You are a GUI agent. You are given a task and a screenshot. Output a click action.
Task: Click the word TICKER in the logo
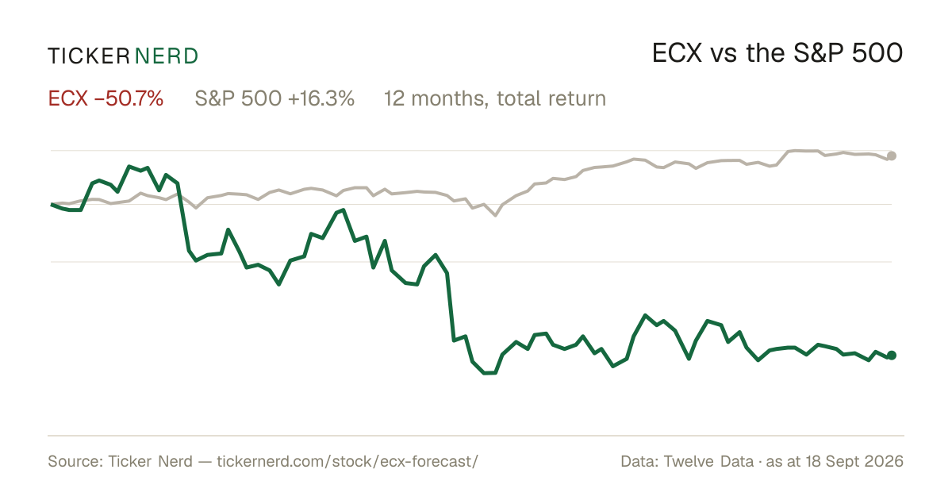(88, 56)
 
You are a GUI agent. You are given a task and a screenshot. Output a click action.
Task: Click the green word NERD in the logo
(166, 56)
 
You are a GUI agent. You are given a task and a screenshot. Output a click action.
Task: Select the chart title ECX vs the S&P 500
(777, 53)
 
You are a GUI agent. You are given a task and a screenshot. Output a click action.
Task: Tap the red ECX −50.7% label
(106, 98)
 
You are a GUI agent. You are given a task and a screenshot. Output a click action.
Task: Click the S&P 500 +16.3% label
(274, 98)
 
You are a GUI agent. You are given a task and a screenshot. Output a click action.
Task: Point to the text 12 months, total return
(495, 98)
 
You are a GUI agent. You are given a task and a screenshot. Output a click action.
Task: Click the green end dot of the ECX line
(892, 355)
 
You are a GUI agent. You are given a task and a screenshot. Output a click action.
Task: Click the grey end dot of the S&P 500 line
(892, 156)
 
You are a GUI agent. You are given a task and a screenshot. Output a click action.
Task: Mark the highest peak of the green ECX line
(129, 166)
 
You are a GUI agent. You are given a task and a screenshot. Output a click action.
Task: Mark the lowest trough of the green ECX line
(489, 373)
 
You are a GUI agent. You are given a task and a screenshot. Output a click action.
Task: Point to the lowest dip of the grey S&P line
(495, 216)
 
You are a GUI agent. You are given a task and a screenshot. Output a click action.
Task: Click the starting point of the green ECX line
(52, 205)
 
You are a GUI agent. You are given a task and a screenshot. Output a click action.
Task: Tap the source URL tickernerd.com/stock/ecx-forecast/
(347, 461)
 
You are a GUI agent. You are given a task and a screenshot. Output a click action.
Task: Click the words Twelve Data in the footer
(708, 461)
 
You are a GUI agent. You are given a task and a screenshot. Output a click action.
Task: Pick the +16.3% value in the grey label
(321, 98)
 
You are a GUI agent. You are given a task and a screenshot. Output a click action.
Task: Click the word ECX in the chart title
(677, 53)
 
